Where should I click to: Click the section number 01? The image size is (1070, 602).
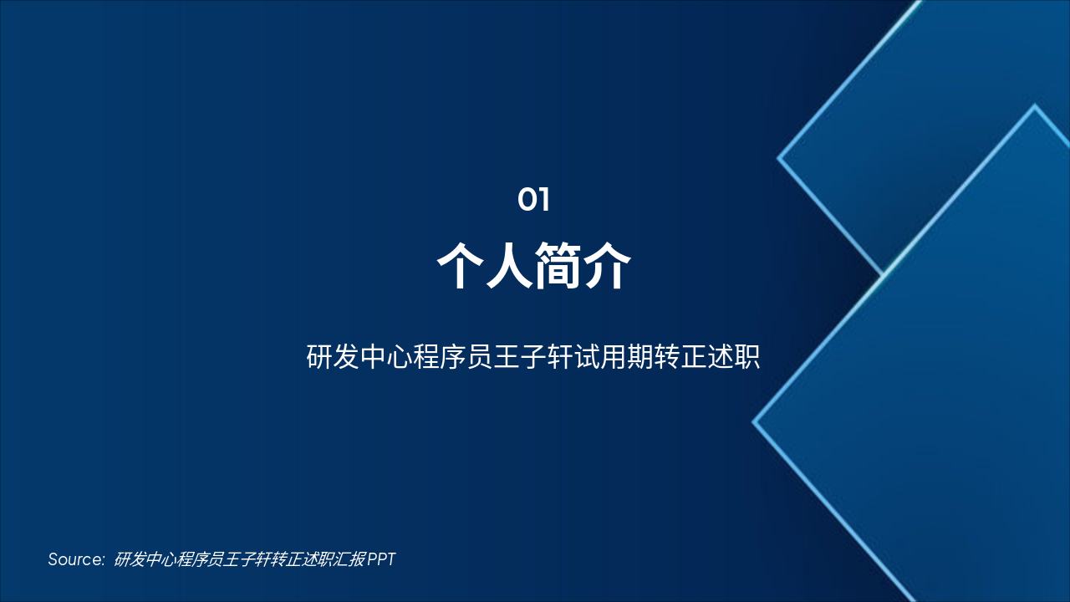click(x=533, y=200)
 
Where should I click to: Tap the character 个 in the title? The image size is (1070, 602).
click(x=462, y=266)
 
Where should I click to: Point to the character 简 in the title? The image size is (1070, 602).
click(x=558, y=266)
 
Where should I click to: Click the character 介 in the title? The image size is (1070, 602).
click(x=607, y=266)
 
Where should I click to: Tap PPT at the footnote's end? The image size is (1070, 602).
click(x=381, y=559)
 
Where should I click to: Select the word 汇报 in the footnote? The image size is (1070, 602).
click(x=351, y=559)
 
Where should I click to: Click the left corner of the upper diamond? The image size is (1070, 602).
click(x=779, y=157)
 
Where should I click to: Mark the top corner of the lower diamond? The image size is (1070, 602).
click(x=1035, y=106)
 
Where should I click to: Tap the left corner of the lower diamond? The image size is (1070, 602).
click(x=754, y=422)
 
